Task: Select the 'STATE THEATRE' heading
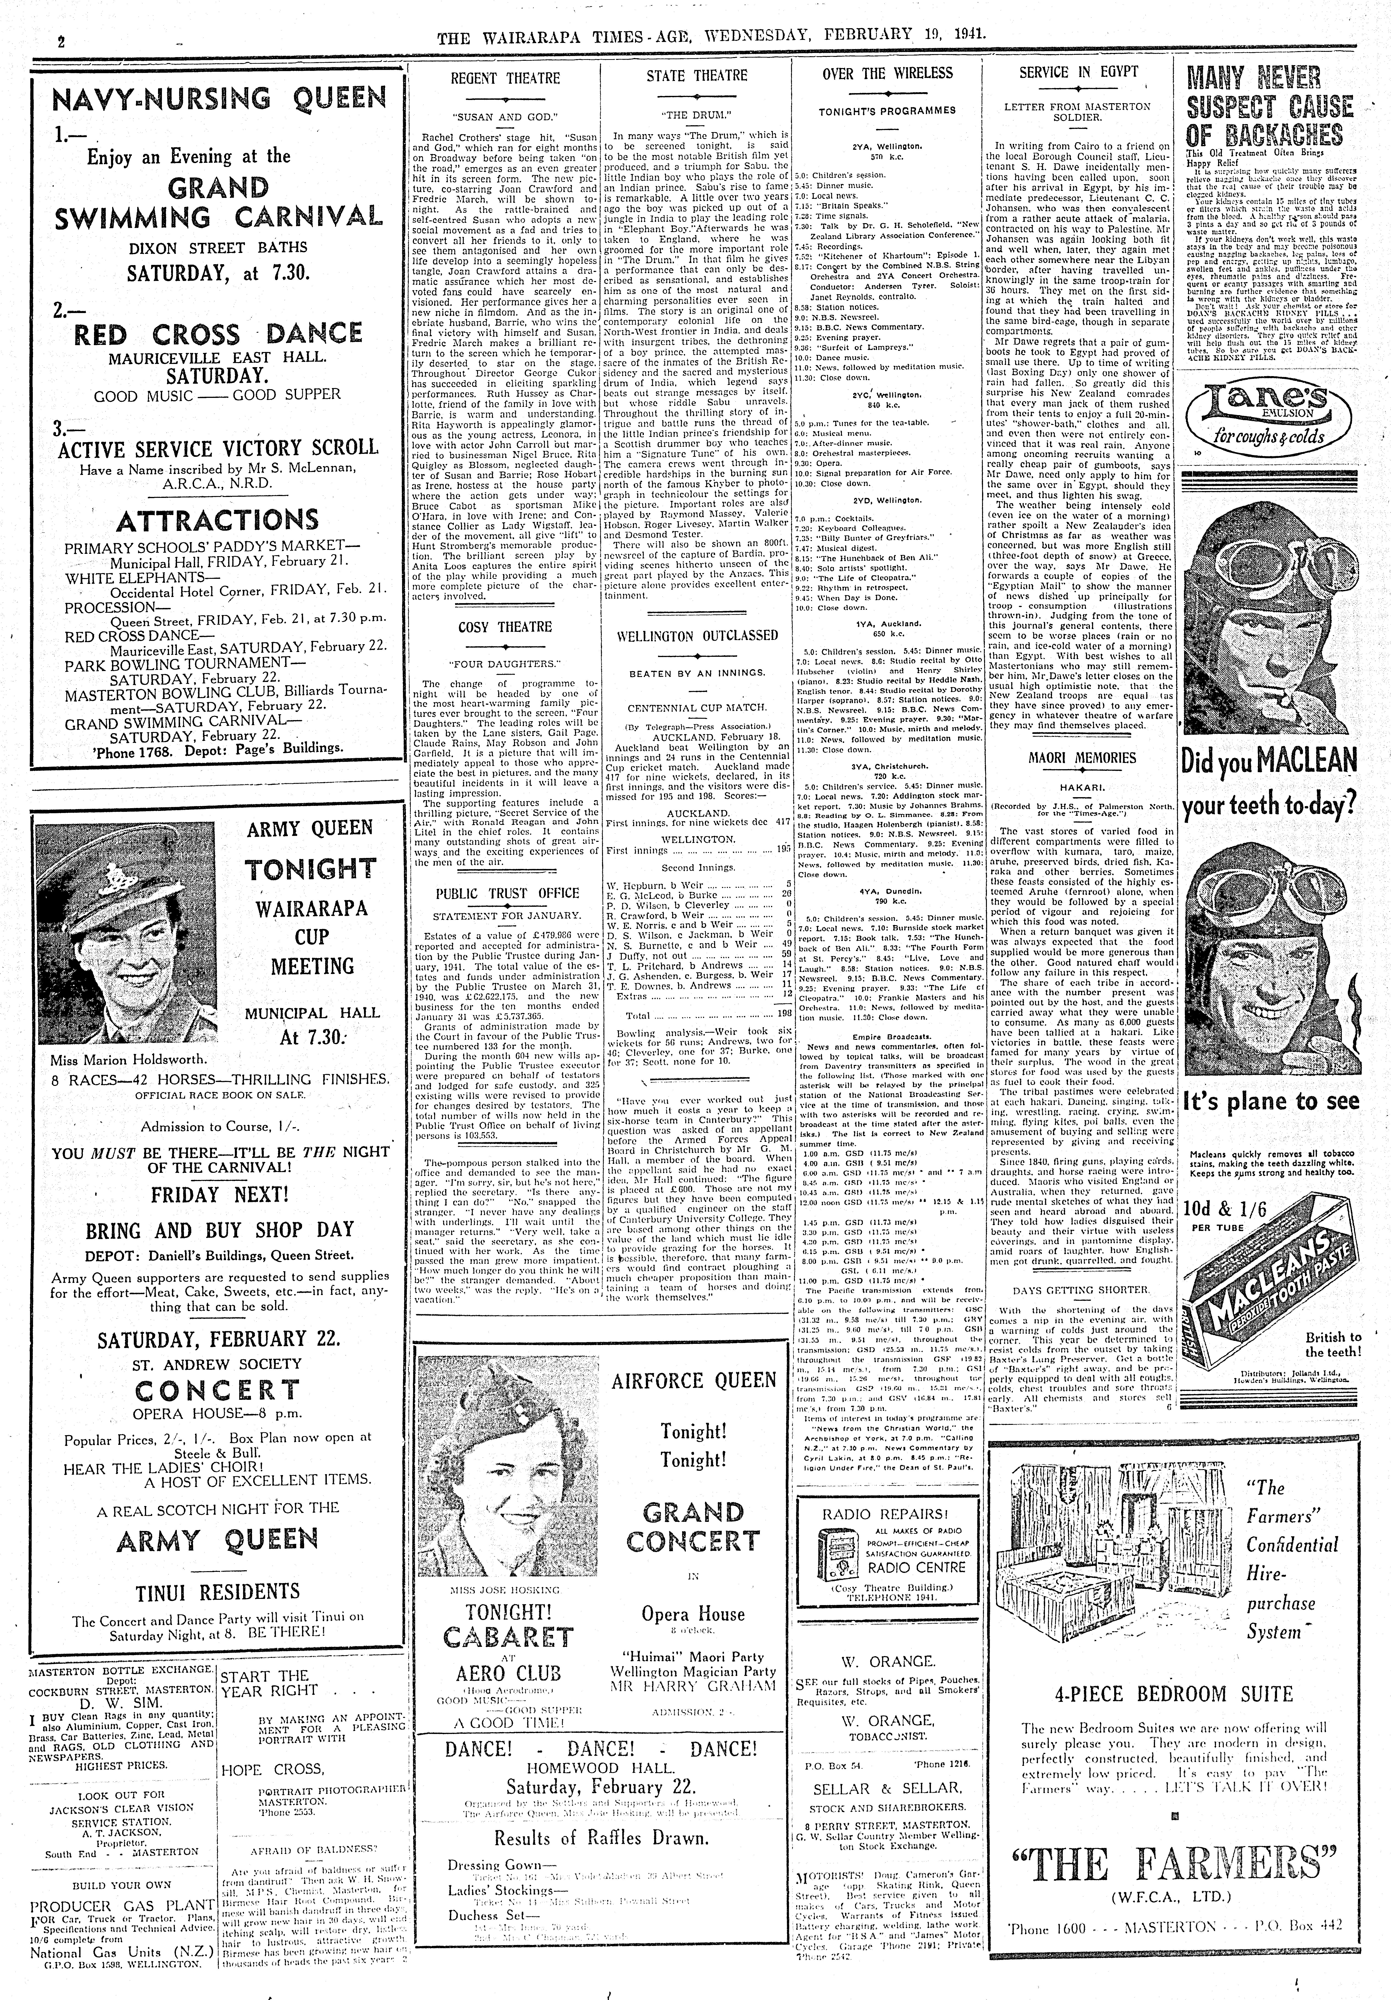(x=696, y=76)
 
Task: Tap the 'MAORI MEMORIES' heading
(x=1082, y=758)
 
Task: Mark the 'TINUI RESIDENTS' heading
(x=218, y=1592)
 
